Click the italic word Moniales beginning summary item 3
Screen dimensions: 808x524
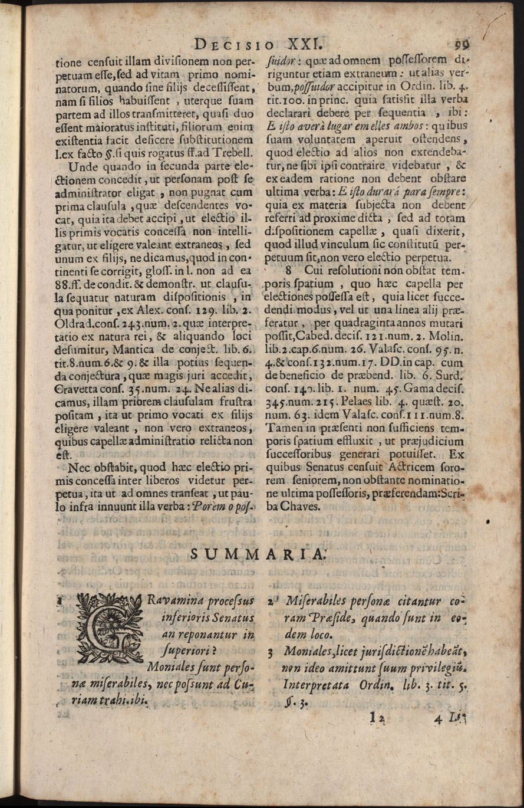click(309, 652)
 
